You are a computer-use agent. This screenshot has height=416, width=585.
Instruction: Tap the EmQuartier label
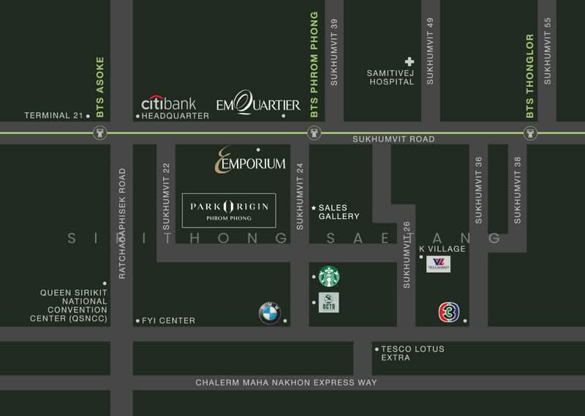click(258, 105)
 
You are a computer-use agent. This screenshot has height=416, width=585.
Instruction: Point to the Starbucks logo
click(329, 276)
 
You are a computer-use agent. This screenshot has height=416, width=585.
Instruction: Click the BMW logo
click(269, 314)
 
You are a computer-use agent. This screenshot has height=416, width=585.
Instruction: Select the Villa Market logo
click(438, 264)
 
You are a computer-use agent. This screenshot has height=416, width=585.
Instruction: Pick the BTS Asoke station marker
click(100, 133)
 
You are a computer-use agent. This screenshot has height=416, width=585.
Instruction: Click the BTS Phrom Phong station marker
click(313, 133)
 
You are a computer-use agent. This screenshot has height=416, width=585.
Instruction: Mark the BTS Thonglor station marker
click(529, 133)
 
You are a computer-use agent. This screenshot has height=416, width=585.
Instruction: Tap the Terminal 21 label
click(53, 116)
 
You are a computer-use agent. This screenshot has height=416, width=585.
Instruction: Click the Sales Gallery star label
click(335, 212)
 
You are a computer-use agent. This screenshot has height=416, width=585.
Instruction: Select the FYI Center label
click(168, 321)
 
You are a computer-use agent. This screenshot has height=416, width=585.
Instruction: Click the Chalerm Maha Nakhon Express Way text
click(287, 383)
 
